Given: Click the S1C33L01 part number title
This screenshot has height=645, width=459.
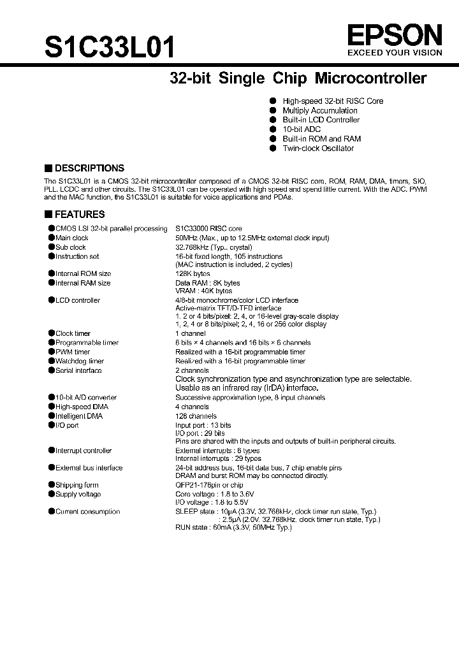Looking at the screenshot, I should (108, 48).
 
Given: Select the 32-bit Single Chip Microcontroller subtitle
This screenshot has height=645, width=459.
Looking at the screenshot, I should (298, 79).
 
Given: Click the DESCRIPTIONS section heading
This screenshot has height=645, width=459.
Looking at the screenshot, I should (89, 168).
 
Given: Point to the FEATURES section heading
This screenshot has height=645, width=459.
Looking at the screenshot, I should (79, 215).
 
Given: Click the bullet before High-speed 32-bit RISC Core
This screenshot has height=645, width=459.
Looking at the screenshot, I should (273, 101).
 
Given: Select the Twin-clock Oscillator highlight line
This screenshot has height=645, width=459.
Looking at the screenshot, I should (318, 149).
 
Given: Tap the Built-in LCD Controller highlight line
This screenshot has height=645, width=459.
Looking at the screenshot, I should (321, 120).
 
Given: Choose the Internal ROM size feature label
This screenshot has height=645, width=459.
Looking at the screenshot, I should (83, 273).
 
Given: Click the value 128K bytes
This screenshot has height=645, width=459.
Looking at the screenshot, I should (193, 273).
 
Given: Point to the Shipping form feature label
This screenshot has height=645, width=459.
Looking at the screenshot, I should (78, 485).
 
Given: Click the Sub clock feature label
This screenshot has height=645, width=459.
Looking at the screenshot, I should (70, 247).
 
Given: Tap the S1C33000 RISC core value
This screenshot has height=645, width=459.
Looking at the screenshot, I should (208, 228).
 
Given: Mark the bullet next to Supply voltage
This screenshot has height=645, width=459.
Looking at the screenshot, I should (51, 494).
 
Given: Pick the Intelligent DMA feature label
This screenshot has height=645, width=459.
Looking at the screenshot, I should (78, 416).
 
